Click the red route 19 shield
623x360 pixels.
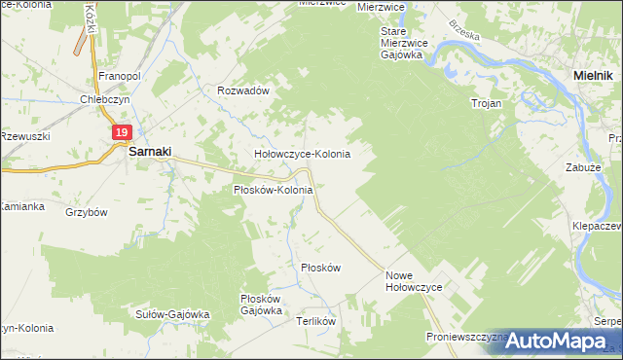[121, 133]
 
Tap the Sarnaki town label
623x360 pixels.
[150, 153]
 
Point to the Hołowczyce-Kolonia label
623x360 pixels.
[302, 154]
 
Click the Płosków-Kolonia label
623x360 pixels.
[274, 190]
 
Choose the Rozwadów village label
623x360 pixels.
[242, 90]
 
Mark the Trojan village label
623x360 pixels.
[486, 102]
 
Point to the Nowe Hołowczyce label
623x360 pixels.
[414, 281]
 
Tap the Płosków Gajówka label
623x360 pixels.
[261, 305]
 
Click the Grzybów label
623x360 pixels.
[86, 211]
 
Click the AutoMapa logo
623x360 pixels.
[556, 341]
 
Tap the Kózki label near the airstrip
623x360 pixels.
[90, 17]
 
